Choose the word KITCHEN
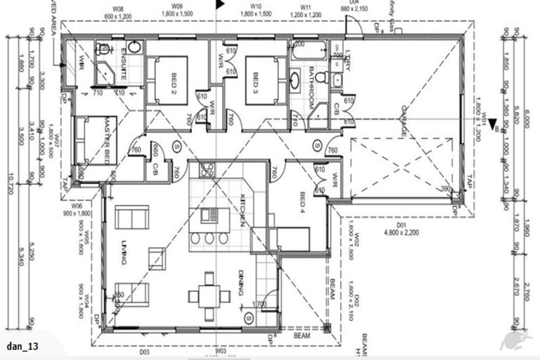click(x=240, y=210)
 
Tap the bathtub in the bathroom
click(x=309, y=51)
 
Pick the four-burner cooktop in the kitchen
click(x=208, y=169)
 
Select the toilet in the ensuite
click(x=104, y=49)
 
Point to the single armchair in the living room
click(x=157, y=257)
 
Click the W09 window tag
click(x=177, y=6)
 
